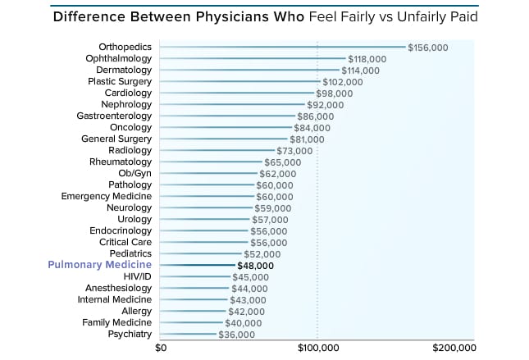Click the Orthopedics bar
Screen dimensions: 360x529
[283, 48]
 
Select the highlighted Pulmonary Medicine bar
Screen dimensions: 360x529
[198, 266]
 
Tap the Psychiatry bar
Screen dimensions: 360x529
[189, 335]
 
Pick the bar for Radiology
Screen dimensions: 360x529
[217, 151]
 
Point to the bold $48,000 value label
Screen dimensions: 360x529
[255, 266]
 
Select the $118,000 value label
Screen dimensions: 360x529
[368, 59]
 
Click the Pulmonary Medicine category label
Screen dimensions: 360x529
[100, 266]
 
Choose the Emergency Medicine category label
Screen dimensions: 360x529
[107, 197]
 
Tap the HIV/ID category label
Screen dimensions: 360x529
[137, 277]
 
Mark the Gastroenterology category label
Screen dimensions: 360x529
[113, 116]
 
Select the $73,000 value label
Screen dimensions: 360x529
[295, 151]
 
